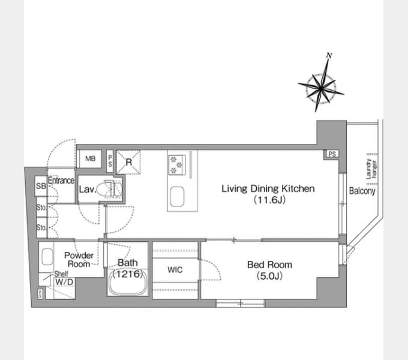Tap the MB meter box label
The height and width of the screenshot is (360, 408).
(x=90, y=158)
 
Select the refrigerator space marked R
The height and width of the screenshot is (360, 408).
(x=128, y=162)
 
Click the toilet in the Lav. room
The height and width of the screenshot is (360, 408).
(x=109, y=188)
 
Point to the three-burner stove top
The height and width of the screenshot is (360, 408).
(x=177, y=164)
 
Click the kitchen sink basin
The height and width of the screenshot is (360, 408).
(x=177, y=196)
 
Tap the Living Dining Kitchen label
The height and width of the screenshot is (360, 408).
(x=268, y=188)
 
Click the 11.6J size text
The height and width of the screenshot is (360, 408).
(x=269, y=200)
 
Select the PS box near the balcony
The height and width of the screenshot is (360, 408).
(x=332, y=154)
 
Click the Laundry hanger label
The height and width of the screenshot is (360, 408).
(x=371, y=169)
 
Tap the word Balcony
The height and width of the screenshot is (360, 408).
(x=362, y=191)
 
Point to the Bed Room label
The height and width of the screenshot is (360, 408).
(x=269, y=265)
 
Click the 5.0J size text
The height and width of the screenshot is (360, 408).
(x=269, y=276)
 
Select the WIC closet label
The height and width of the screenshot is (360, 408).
(x=175, y=270)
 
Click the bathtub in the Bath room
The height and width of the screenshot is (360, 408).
(x=128, y=283)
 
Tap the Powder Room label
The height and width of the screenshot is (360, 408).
(x=79, y=260)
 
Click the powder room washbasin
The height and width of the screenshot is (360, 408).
(x=47, y=256)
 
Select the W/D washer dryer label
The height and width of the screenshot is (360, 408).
(x=64, y=282)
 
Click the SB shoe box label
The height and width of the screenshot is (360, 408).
(x=41, y=186)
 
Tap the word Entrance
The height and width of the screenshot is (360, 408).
(x=61, y=180)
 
